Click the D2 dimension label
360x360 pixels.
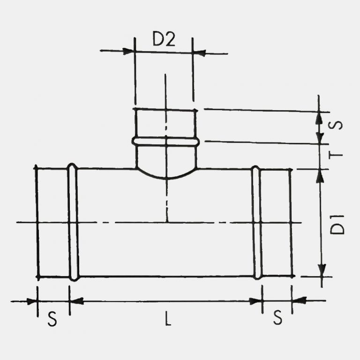click(164, 40)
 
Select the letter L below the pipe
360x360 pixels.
click(168, 319)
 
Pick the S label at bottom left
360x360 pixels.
click(52, 319)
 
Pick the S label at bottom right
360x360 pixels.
click(278, 319)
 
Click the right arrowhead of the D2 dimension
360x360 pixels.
click(199, 53)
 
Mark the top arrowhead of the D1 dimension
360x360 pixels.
click(322, 175)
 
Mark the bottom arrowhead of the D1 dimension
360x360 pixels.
click(322, 270)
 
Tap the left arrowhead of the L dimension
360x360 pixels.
click(76, 301)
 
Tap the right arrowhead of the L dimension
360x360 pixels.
click(255, 301)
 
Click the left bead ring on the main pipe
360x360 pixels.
click(73, 222)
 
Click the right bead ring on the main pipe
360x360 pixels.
click(256, 223)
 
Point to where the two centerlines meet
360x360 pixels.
click(166, 222)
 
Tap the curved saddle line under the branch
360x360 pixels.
click(166, 178)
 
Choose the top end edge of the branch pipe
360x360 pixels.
click(165, 110)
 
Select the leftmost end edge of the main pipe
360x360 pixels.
click(37, 222)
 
